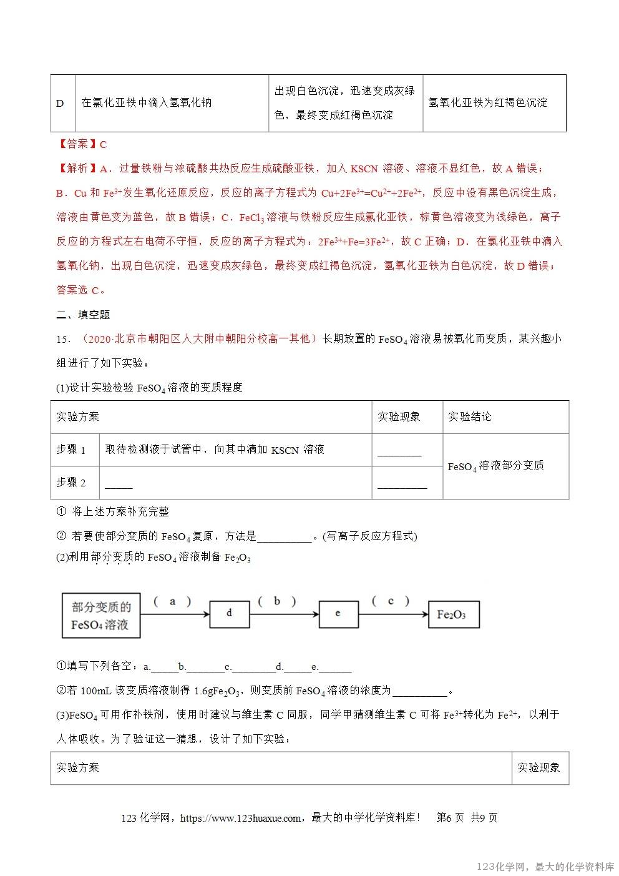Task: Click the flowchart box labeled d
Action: (x=229, y=614)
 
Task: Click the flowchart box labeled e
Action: (x=338, y=614)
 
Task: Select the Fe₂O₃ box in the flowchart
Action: (x=453, y=614)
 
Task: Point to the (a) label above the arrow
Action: (x=172, y=601)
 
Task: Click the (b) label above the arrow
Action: (x=276, y=601)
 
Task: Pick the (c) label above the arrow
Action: (x=391, y=601)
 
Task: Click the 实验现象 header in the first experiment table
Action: (x=399, y=416)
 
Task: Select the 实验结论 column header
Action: (x=469, y=416)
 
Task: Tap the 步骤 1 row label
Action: (x=71, y=450)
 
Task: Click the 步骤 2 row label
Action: (x=71, y=482)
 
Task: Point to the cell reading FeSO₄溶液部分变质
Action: (x=495, y=466)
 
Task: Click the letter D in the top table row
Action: (x=61, y=103)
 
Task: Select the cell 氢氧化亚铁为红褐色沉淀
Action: (x=487, y=102)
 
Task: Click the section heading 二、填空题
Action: (x=83, y=315)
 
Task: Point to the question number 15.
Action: (x=63, y=339)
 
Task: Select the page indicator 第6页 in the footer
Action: (x=450, y=818)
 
